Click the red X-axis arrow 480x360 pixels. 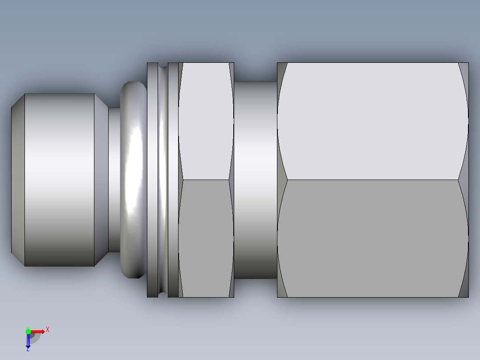[x=37, y=331]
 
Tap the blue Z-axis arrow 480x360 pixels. [x=28, y=341]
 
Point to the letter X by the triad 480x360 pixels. [x=48, y=329]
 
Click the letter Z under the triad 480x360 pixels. [x=28, y=350]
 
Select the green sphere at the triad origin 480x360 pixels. [x=28, y=331]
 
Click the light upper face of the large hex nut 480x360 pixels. [x=372, y=120]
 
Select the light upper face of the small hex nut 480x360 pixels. [x=206, y=120]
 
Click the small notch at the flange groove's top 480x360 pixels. [x=163, y=65]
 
